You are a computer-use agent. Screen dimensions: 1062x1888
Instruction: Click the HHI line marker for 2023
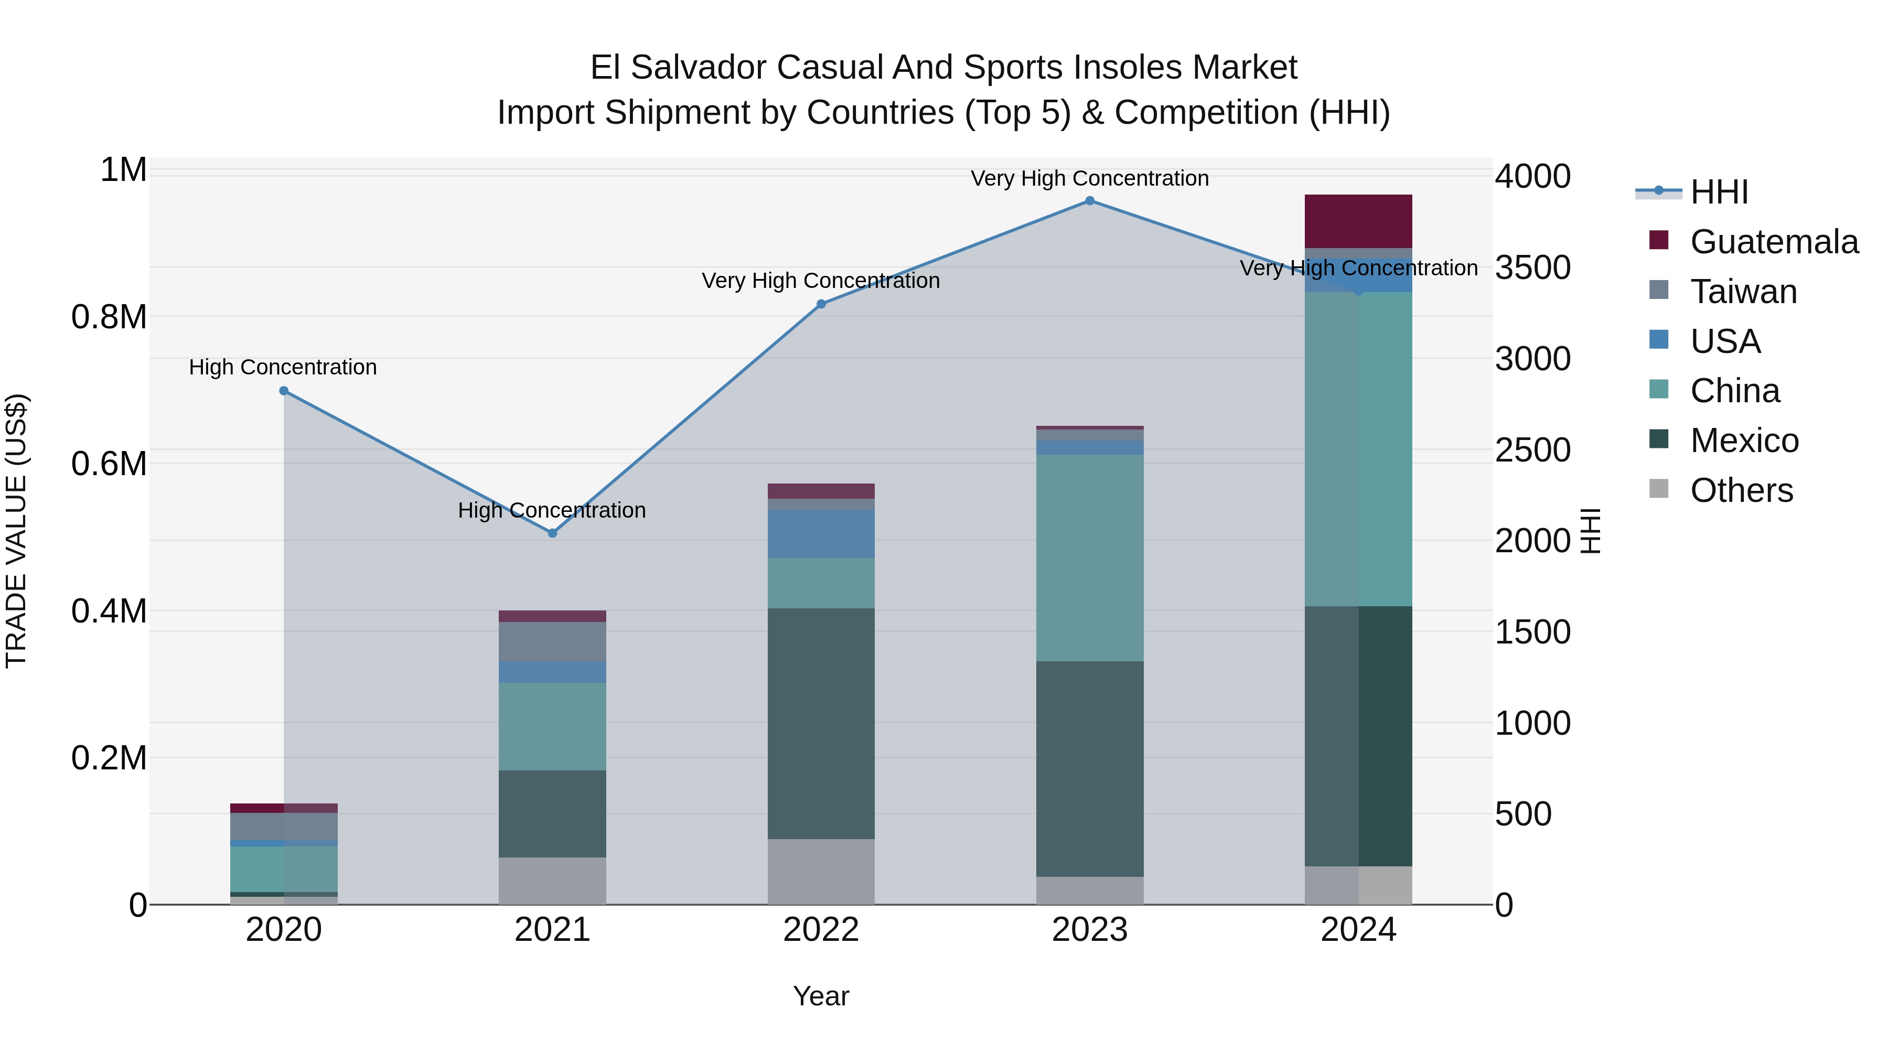tap(1089, 201)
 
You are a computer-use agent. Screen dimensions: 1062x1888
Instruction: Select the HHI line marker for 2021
tap(553, 533)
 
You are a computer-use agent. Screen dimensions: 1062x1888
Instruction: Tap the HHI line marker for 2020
tap(284, 391)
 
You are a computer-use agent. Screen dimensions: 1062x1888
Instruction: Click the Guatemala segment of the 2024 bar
tap(1358, 221)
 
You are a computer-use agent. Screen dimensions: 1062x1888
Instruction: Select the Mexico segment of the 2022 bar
tap(821, 723)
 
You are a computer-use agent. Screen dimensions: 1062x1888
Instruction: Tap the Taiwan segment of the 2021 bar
tap(553, 641)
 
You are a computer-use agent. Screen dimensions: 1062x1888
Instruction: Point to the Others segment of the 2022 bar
tap(821, 872)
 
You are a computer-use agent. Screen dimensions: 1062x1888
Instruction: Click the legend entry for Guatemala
tap(1773, 242)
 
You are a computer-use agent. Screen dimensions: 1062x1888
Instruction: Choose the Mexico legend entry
tap(1744, 441)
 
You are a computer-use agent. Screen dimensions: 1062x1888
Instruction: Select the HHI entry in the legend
tap(1719, 192)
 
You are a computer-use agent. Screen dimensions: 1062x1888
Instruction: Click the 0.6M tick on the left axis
tap(109, 464)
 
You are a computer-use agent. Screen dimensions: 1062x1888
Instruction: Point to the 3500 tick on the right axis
tap(1532, 267)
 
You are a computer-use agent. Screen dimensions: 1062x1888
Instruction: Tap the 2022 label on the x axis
tap(821, 930)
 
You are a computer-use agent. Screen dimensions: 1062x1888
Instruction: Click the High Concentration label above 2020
tap(283, 367)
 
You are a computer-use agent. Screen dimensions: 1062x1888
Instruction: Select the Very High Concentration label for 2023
tap(1089, 179)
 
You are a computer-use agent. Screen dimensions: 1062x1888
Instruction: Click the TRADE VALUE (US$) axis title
tap(16, 531)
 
